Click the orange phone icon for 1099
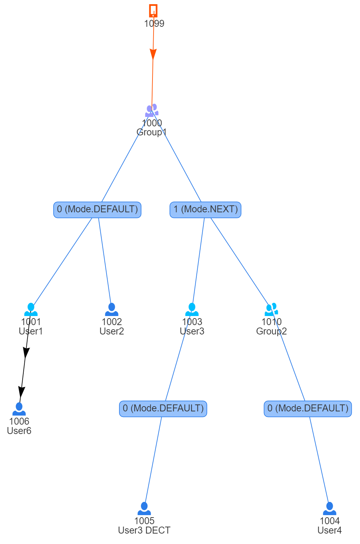coord(153,10)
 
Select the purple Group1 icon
coord(152,110)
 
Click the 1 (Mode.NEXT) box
coord(205,210)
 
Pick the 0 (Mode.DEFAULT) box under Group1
coord(97,210)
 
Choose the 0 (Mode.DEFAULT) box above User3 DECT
coord(163,409)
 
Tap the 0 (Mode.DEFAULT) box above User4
coord(308,409)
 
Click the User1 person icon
coord(31,309)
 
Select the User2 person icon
coord(112,309)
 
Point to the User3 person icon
coord(192,309)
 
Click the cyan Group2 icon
coord(271,309)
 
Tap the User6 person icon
coord(19,409)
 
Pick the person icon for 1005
coord(144,508)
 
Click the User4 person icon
coord(329,508)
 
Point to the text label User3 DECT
coord(144,530)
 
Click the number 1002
coord(112,322)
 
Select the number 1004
coord(329,521)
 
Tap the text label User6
coord(19,431)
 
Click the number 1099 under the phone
coord(154,23)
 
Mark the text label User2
coord(112,331)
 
